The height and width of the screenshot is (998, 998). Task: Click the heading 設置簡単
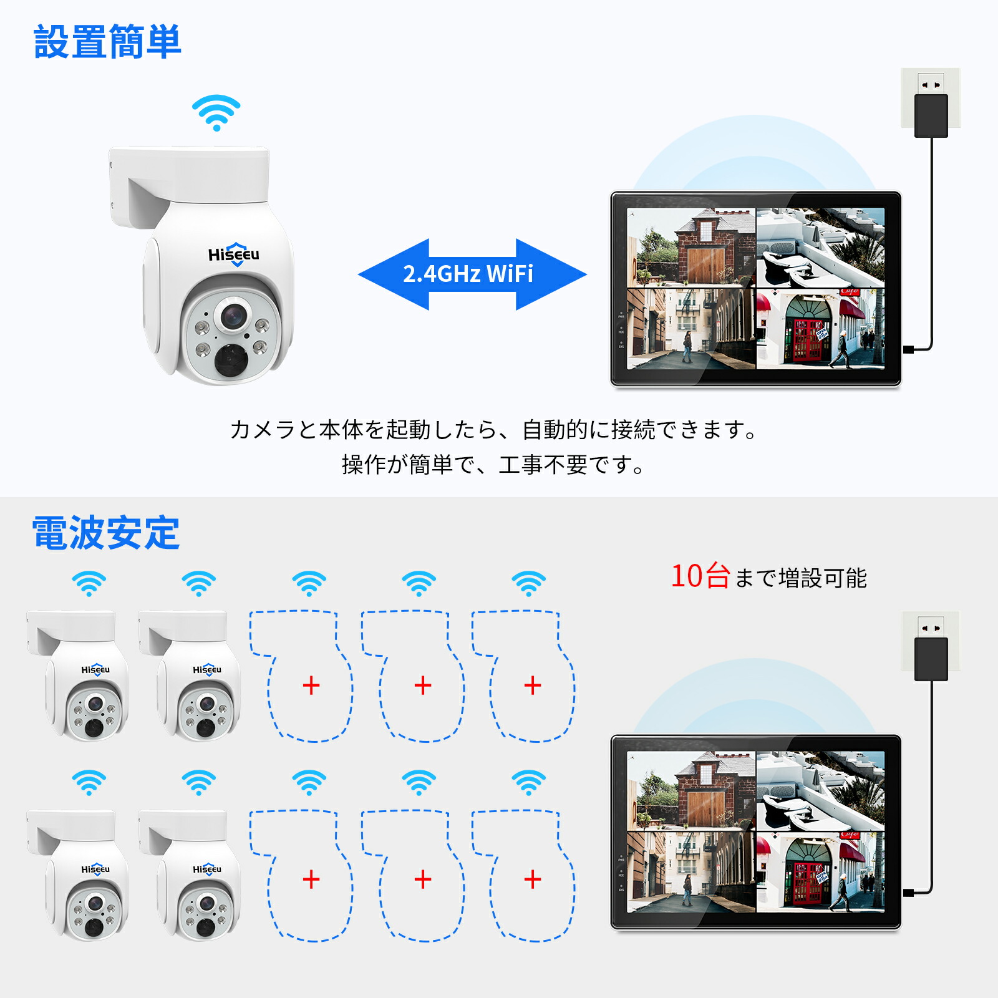point(107,42)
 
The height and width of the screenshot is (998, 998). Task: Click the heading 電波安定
point(106,533)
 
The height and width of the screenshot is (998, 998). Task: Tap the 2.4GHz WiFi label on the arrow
point(468,274)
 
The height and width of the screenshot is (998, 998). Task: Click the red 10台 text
point(700,576)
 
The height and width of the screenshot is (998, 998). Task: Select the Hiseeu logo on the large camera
point(233,254)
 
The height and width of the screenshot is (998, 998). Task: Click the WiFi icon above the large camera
point(216,113)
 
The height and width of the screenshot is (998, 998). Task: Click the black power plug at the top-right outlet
point(931,115)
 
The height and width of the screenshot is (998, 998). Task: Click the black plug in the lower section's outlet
point(931,659)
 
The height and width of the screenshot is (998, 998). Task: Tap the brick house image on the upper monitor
point(691,248)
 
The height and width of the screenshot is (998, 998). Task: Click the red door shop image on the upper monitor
point(820,328)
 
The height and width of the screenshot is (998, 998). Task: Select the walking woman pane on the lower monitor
point(691,872)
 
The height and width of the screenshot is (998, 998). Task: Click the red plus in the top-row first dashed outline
point(311,686)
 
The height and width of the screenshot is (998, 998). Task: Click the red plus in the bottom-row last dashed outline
point(533,879)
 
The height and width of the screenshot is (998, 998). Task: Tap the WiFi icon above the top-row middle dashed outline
point(419,583)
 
